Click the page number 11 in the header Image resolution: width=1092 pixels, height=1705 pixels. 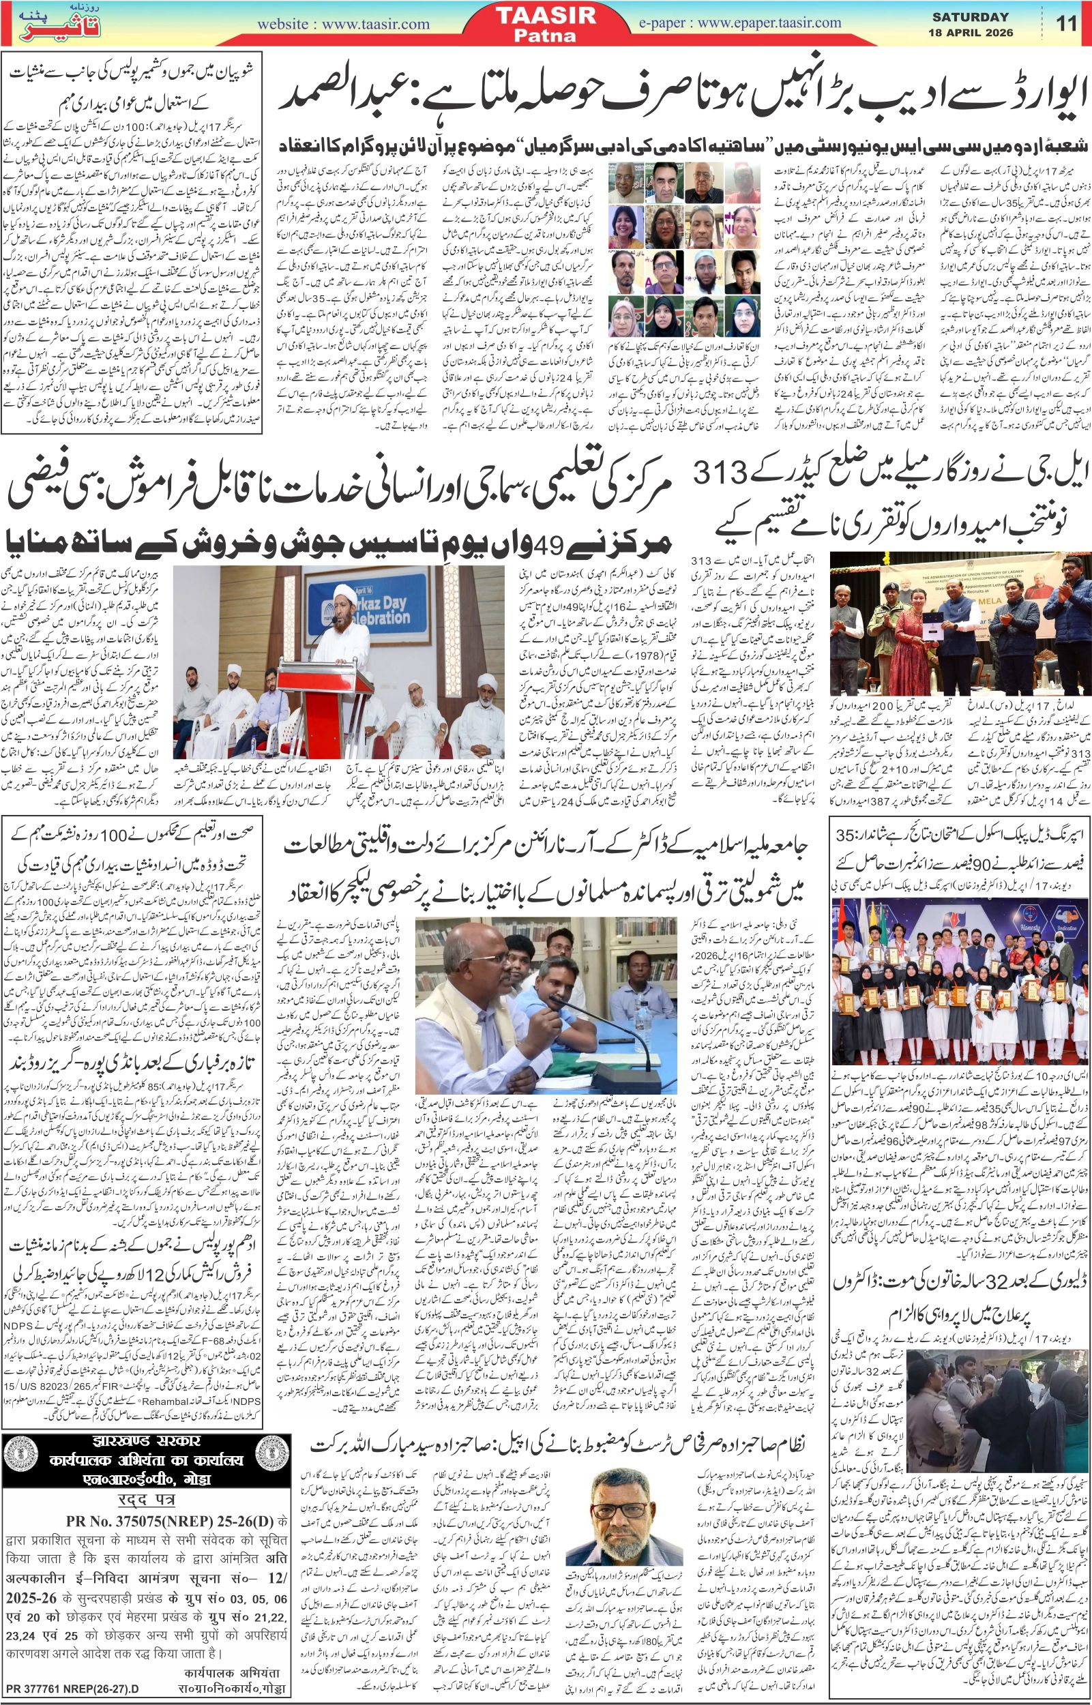[x=1066, y=23]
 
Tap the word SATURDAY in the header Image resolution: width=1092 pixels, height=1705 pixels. [x=971, y=16]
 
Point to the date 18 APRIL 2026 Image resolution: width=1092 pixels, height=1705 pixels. [x=971, y=33]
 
